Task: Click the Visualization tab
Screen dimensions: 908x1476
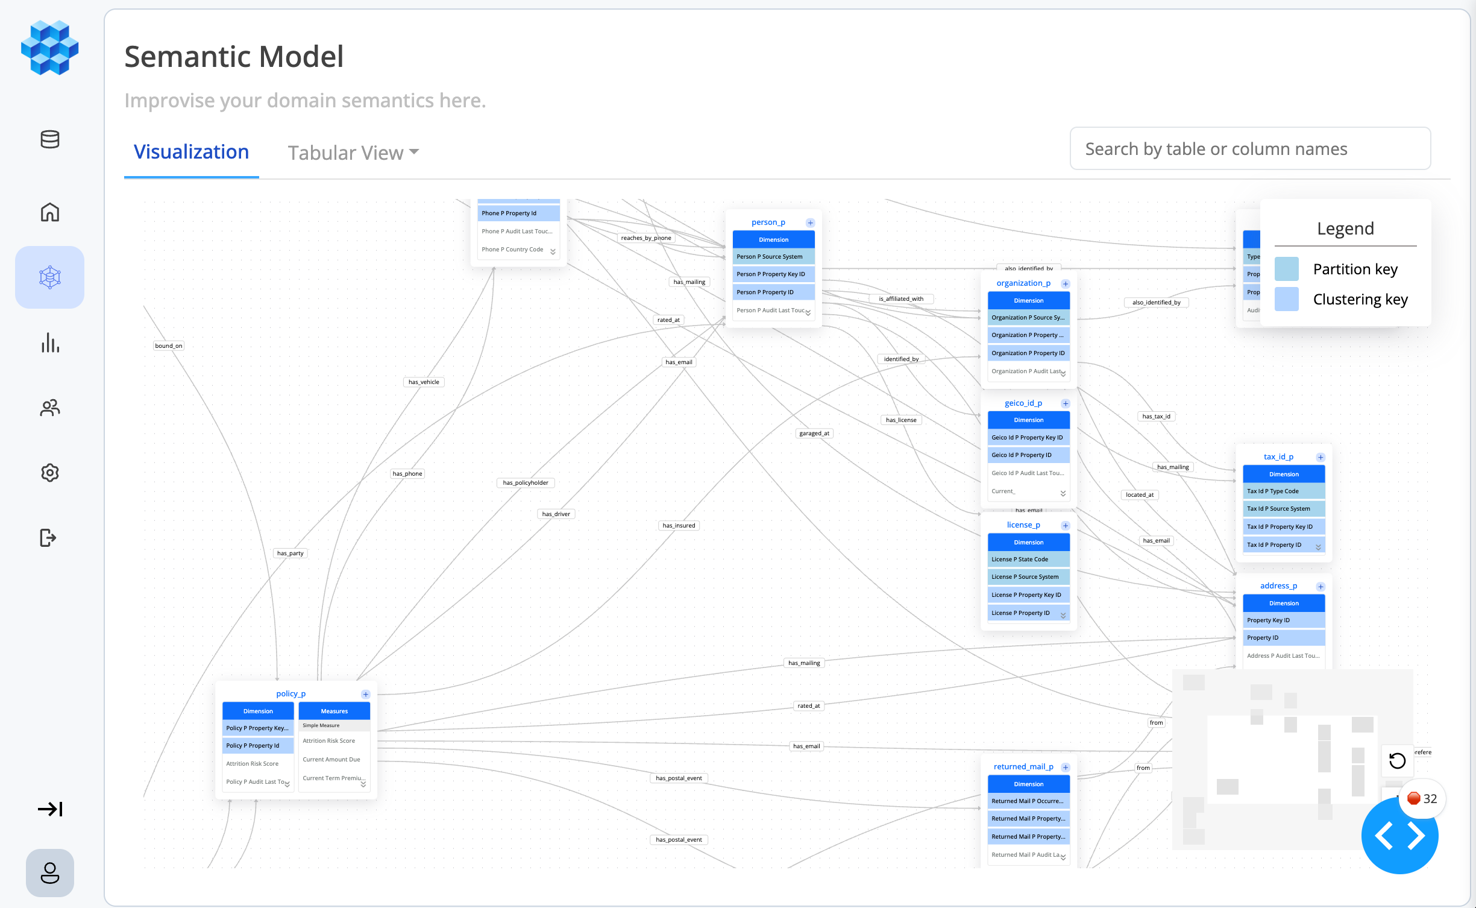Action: [x=191, y=152]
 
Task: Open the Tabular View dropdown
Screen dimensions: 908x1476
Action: [x=353, y=153]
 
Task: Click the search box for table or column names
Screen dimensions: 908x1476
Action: [x=1249, y=149]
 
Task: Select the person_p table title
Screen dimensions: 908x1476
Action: [x=768, y=222]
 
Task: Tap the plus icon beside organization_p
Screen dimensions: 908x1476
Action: [x=1065, y=284]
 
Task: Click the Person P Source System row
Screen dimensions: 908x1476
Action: [x=773, y=257]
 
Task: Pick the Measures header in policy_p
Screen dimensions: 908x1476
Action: [x=334, y=711]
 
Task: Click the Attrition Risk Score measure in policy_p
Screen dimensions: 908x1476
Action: [x=329, y=741]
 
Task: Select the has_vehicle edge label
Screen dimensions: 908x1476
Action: [x=424, y=382]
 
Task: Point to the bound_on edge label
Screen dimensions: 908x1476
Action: [x=168, y=346]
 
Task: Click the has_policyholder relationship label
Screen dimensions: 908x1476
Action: [x=526, y=483]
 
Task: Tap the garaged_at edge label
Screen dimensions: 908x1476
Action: [x=814, y=434]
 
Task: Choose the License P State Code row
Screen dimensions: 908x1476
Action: [x=1028, y=560]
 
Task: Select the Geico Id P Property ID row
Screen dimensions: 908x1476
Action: [x=1028, y=455]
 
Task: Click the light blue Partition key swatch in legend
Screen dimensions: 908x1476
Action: [x=1286, y=270]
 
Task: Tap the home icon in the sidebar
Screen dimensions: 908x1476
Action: [x=50, y=212]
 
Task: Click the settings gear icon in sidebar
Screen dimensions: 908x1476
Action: [x=50, y=473]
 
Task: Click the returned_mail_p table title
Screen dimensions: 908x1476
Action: [x=1023, y=767]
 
